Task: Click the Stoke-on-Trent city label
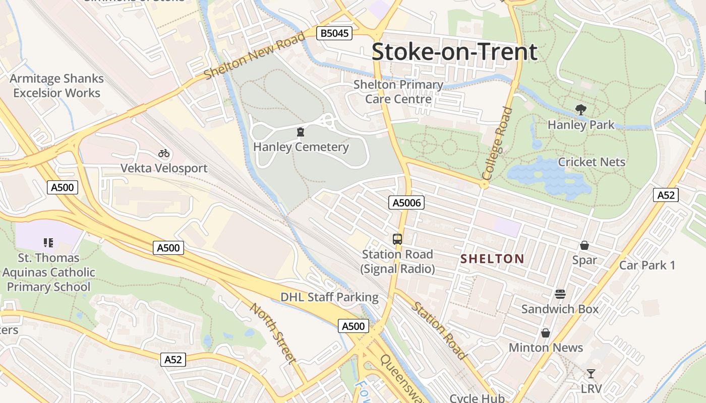click(x=454, y=52)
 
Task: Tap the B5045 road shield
click(x=334, y=34)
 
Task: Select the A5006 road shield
click(x=406, y=203)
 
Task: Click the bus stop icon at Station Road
click(x=397, y=239)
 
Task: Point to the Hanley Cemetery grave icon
click(x=301, y=132)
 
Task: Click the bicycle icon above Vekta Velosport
click(x=163, y=153)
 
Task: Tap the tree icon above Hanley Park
click(x=581, y=110)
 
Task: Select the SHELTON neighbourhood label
click(x=493, y=259)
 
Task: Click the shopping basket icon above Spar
click(x=584, y=246)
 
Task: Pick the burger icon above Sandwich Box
click(x=560, y=294)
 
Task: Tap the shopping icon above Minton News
click(x=545, y=333)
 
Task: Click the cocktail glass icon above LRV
click(x=591, y=374)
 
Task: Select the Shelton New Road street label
click(x=255, y=55)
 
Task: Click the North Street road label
click(x=272, y=333)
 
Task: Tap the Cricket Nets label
click(x=592, y=162)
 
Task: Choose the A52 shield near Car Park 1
click(x=666, y=195)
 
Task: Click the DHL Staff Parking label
click(x=329, y=297)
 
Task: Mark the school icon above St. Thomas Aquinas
click(x=48, y=243)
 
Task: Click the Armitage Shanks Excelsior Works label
click(x=56, y=86)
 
